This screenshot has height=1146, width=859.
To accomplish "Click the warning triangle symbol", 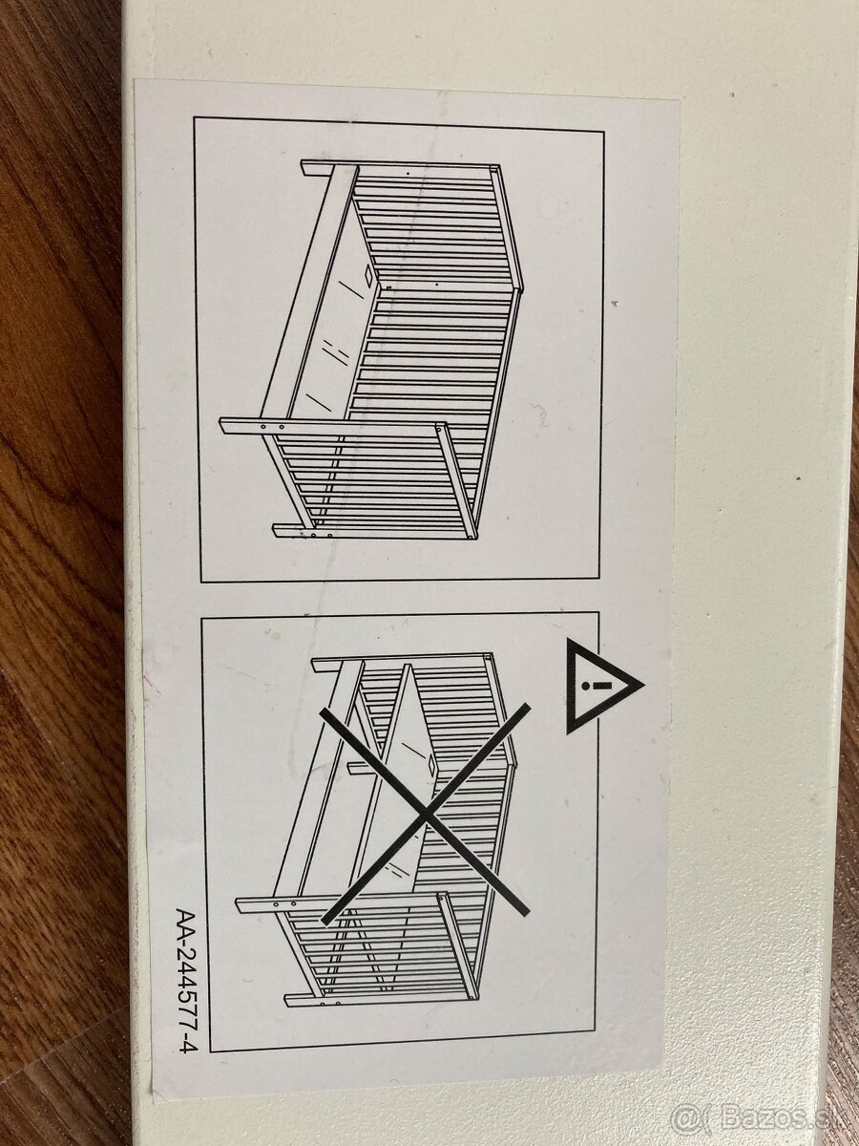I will [x=600, y=686].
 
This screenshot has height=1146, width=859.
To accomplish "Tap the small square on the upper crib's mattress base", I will [x=369, y=276].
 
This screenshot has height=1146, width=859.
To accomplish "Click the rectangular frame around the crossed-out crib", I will [x=204, y=831].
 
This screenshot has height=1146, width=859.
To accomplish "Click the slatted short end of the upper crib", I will [x=382, y=477].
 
